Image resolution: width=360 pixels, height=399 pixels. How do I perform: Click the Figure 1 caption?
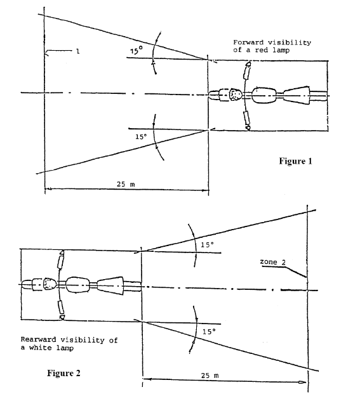coord(295,161)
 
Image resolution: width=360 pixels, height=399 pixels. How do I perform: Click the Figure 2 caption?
coord(63,373)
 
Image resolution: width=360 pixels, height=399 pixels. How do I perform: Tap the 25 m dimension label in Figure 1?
coord(126,184)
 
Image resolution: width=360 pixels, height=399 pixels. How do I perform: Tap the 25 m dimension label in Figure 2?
coord(210,376)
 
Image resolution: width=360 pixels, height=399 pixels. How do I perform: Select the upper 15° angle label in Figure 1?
coord(137,50)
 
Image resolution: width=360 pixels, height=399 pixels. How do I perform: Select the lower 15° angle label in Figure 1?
coord(141,136)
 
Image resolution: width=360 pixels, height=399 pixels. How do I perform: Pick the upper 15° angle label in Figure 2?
coord(208,245)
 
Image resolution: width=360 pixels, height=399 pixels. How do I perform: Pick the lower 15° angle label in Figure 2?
coord(209,332)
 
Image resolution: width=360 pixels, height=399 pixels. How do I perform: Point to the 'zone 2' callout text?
coord(272,262)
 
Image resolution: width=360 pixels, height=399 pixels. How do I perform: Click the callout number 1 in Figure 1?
coord(78,51)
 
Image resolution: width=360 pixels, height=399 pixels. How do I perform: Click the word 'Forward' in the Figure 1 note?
coord(248,43)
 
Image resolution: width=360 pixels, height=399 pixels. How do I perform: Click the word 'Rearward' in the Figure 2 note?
coord(38,339)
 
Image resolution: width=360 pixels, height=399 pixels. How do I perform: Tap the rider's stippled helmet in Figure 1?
coord(236,95)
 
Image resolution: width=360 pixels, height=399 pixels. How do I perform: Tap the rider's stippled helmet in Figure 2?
coord(50,284)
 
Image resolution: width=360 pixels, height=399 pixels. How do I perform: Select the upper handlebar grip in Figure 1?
coord(247,72)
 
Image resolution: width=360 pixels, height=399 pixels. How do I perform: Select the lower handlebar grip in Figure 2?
coord(60,307)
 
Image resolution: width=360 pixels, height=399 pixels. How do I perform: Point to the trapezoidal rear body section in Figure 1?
coord(297,96)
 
